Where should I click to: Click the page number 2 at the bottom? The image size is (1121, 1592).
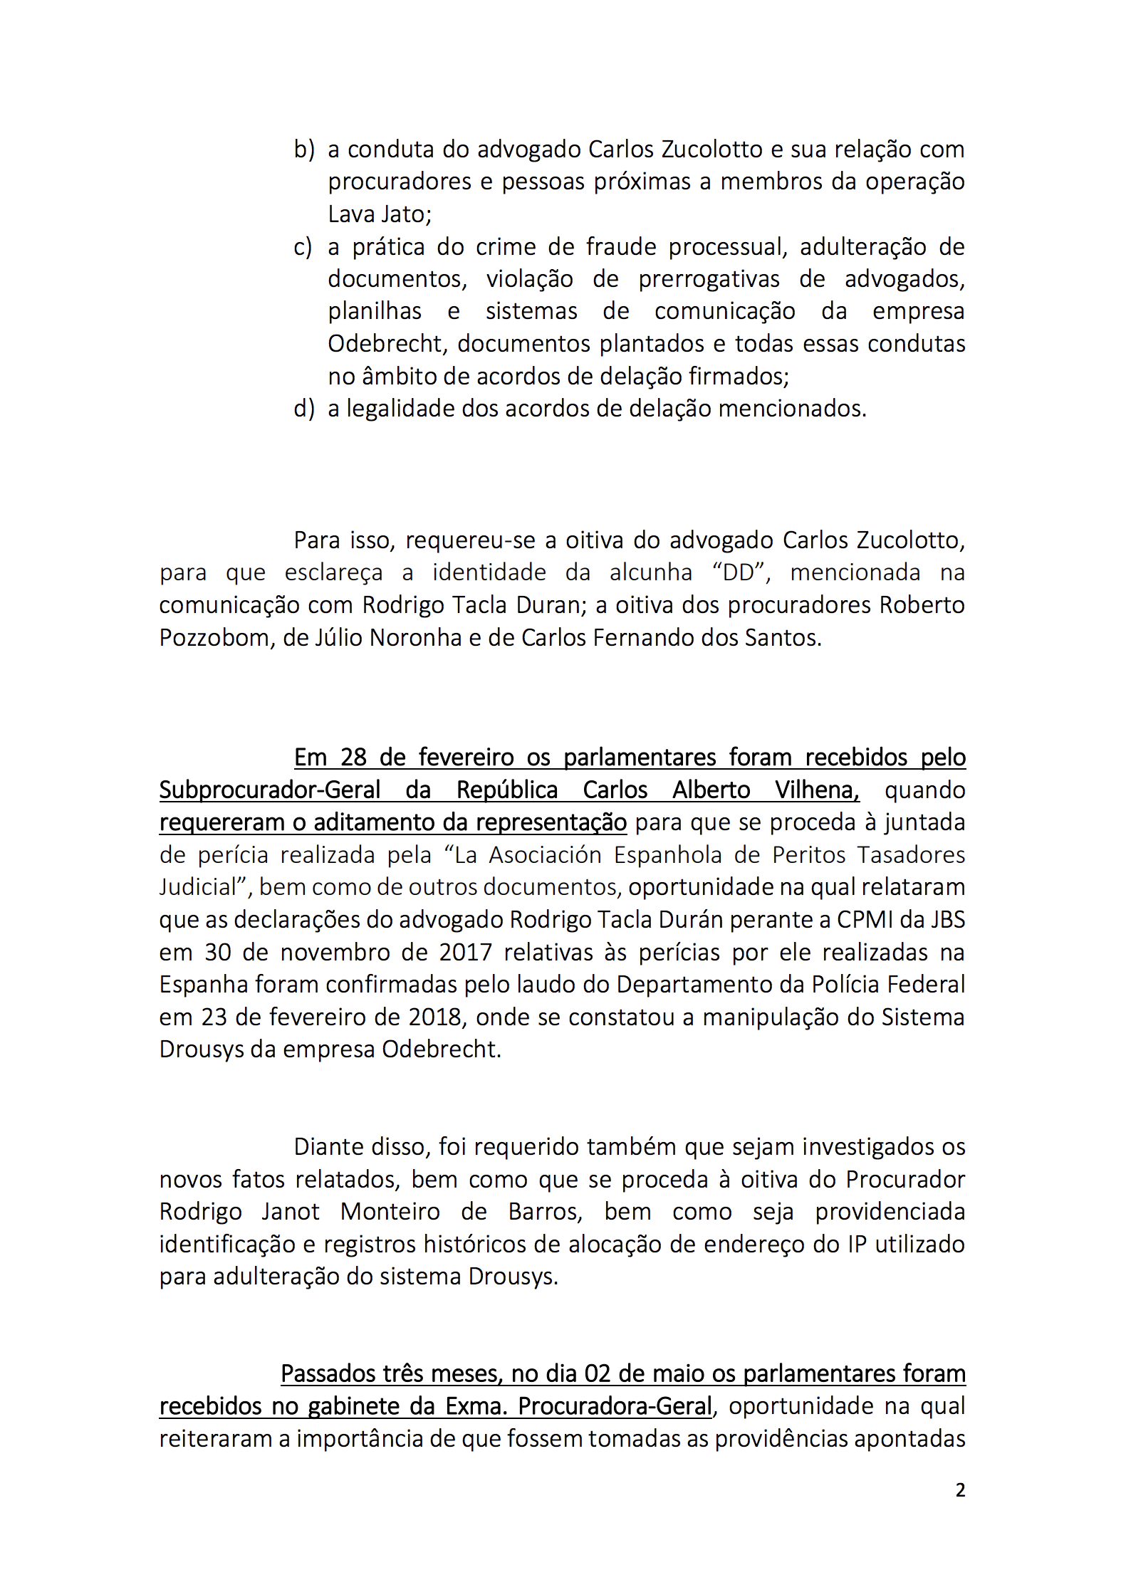[959, 1489]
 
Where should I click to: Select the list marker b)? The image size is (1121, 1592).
[304, 150]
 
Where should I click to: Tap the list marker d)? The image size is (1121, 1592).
[304, 409]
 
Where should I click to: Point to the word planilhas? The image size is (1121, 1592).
[375, 311]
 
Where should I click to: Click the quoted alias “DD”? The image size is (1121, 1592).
[738, 572]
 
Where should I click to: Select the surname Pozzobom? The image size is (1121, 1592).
[215, 637]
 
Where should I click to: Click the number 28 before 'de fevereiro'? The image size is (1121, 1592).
[353, 757]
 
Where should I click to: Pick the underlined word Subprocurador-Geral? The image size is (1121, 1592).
[270, 790]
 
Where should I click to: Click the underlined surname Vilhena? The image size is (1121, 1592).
[817, 790]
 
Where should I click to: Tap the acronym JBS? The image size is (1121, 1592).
[947, 919]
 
